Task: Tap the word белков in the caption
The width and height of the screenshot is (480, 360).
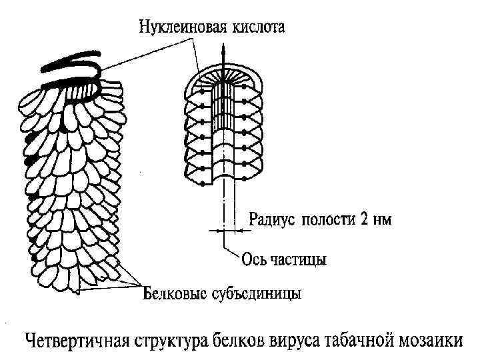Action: (243, 339)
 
